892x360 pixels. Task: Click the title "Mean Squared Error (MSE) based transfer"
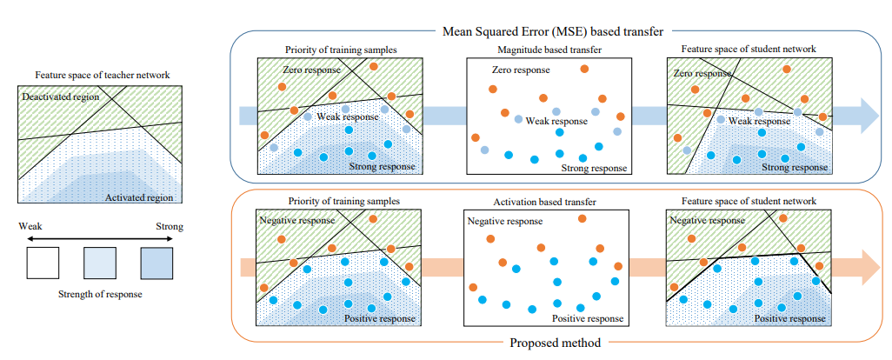[553, 31]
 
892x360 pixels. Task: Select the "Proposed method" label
[556, 343]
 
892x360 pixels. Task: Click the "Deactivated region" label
[60, 97]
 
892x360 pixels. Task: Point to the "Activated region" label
[140, 198]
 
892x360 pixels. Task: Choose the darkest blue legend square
[156, 263]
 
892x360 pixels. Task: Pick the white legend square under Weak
[43, 263]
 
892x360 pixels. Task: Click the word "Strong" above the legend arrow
[169, 227]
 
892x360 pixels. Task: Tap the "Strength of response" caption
[100, 295]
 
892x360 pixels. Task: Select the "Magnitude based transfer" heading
[548, 50]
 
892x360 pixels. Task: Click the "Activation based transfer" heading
[546, 202]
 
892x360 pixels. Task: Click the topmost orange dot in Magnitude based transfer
[584, 69]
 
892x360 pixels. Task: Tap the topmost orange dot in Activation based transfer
[582, 218]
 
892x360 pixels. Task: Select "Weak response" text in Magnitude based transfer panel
[556, 121]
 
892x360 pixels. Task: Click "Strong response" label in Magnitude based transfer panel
[594, 168]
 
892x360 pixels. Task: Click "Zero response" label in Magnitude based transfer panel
[521, 70]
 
